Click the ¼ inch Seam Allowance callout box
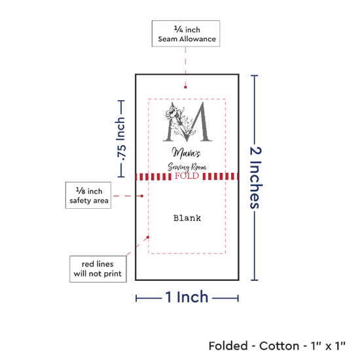[186, 34]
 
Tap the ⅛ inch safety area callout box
[88, 196]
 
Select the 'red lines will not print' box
[98, 269]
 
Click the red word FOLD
[187, 176]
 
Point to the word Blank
[187, 218]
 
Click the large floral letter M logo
[187, 122]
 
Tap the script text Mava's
[186, 153]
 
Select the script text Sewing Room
[187, 167]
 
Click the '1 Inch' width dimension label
[187, 297]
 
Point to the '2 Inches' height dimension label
[255, 177]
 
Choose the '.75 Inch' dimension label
[121, 139]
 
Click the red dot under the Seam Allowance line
[185, 87]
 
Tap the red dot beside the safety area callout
[142, 196]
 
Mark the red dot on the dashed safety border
[148, 237]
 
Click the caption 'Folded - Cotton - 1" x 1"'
[277, 346]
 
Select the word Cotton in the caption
[279, 346]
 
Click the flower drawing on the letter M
[175, 114]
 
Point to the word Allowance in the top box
[198, 39]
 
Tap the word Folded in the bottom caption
[228, 346]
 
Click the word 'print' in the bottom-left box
[112, 274]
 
